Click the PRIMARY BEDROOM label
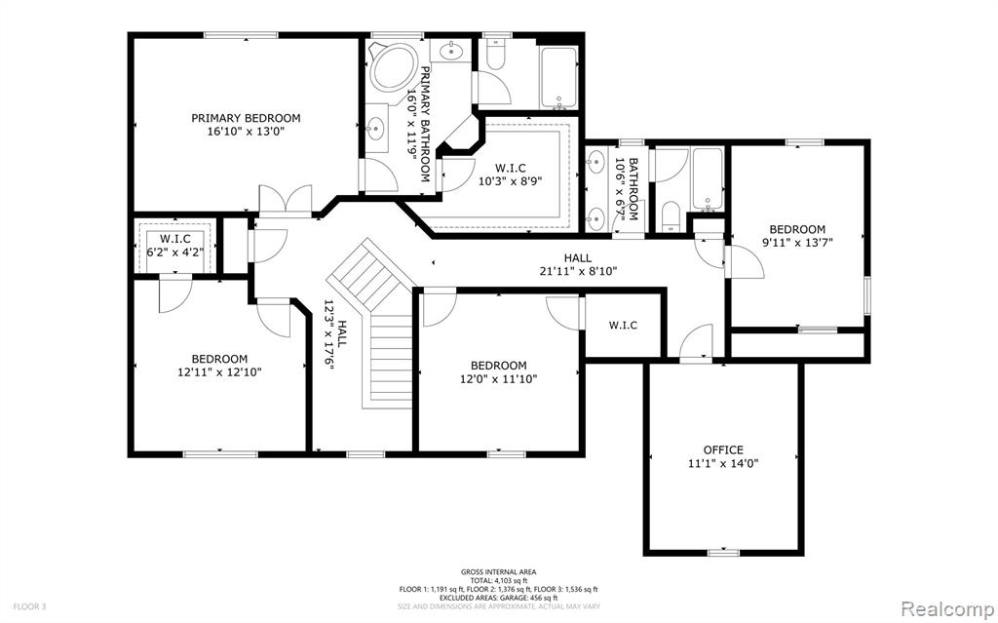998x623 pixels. [246, 118]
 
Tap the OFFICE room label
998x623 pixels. [723, 449]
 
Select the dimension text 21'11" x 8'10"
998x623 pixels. [577, 271]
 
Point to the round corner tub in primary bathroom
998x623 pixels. [393, 67]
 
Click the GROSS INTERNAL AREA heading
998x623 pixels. [498, 572]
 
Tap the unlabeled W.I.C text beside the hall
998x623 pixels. [623, 326]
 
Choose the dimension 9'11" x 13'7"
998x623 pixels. [797, 242]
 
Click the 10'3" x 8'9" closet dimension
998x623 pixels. [511, 180]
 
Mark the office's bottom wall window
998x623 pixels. [724, 552]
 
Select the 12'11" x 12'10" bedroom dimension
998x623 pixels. [219, 371]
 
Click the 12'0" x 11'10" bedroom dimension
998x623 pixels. [498, 379]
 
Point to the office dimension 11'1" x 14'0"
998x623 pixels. [723, 464]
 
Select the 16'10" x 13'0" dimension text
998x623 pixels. [246, 132]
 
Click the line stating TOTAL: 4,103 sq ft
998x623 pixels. [498, 580]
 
